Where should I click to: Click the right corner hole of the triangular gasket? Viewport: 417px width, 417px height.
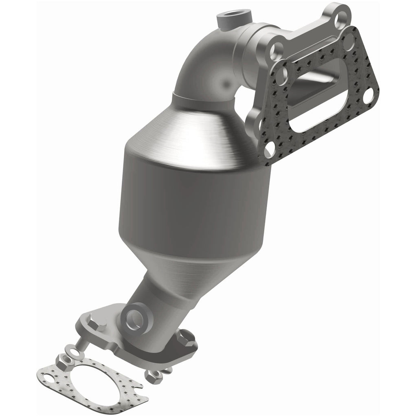pos(368,97)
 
